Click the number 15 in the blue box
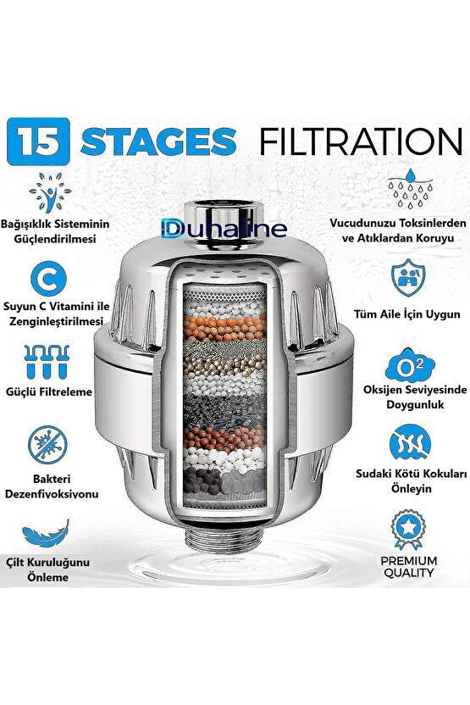(38, 142)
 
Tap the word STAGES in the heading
(158, 142)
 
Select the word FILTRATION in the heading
(362, 142)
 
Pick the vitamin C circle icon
(48, 280)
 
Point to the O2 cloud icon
(410, 365)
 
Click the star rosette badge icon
(408, 530)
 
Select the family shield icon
(408, 277)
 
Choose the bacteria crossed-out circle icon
(47, 444)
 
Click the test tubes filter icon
(47, 362)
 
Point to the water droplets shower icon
(410, 188)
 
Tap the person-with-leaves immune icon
(50, 192)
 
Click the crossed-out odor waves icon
(410, 442)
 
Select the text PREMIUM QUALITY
(409, 567)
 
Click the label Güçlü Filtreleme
(49, 392)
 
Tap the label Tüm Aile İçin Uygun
(407, 314)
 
